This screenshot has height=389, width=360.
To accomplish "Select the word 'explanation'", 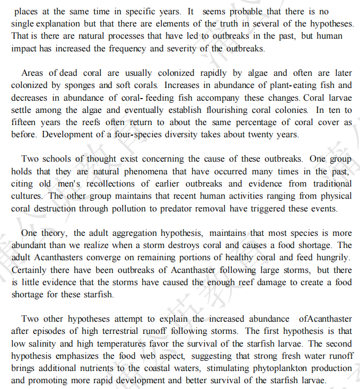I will (x=59, y=23).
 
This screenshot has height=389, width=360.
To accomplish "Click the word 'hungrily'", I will (x=332, y=258).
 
